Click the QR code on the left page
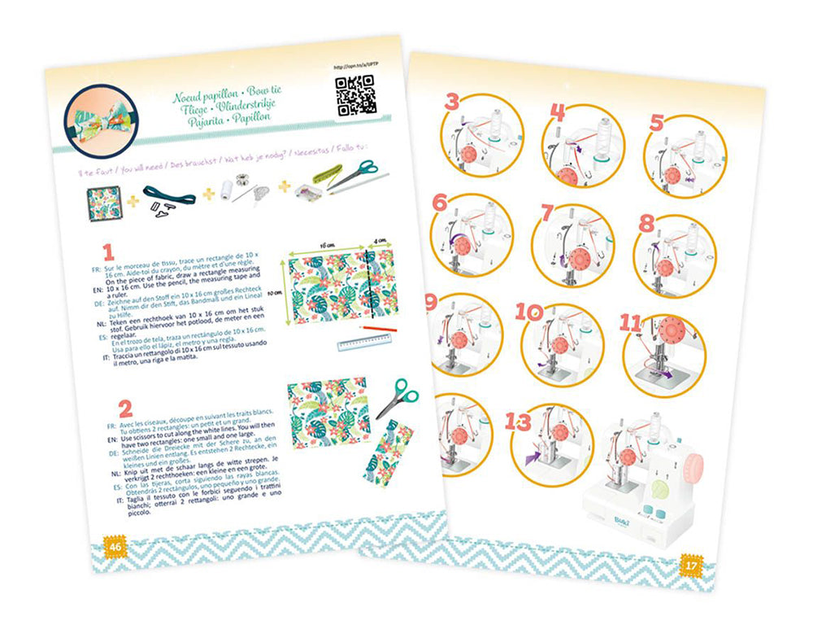point(354,94)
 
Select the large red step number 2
point(124,408)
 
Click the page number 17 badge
point(689,562)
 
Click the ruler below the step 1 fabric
point(361,345)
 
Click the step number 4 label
point(557,112)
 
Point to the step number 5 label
point(657,122)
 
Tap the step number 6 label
point(440,203)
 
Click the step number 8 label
point(646,222)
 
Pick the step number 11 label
point(630,323)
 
